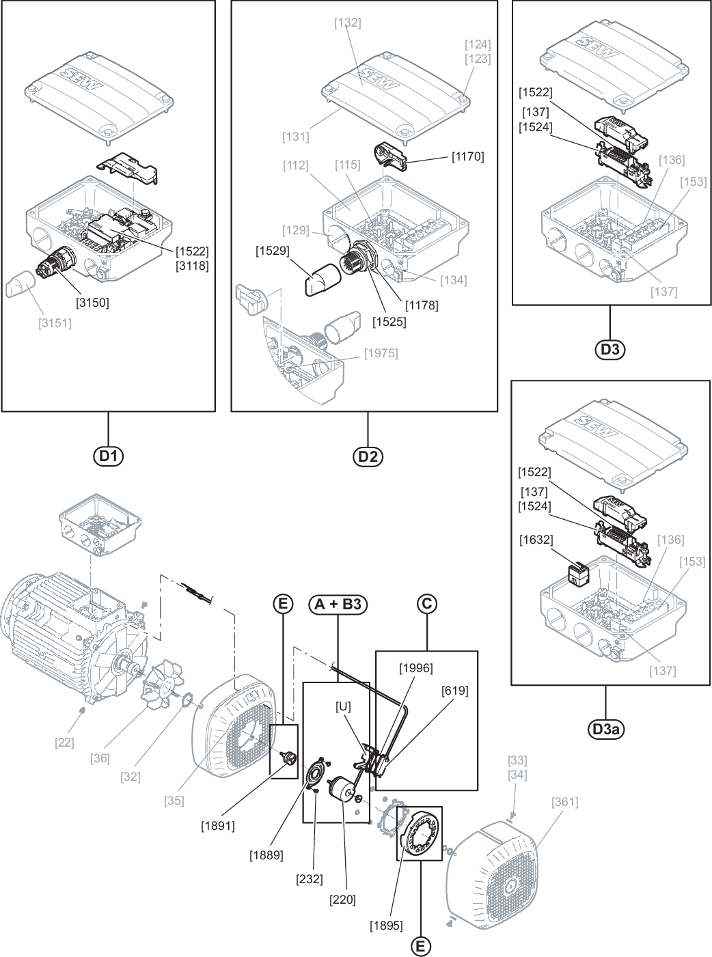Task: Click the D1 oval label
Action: coord(109,456)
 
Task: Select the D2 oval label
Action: coord(368,456)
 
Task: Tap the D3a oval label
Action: coord(606,730)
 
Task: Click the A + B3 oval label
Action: coord(338,605)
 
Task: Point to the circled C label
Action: coord(426,604)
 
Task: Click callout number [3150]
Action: coord(92,303)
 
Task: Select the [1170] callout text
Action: coord(467,156)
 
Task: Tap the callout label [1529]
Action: coord(273,251)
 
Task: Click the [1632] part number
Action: coord(536,540)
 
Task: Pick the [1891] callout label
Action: coord(217,826)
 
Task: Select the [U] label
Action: coord(343,706)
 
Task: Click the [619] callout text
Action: coord(454,691)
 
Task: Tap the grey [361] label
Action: coord(565,802)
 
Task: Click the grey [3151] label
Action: coord(55,323)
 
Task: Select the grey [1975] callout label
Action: coord(381,354)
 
